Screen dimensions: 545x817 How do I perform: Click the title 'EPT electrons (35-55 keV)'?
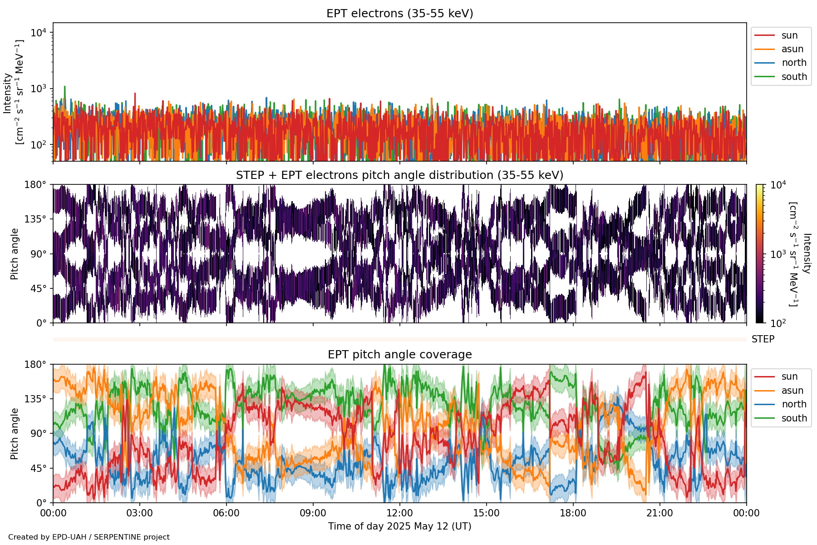(x=399, y=14)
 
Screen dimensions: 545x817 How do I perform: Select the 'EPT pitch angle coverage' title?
(x=399, y=355)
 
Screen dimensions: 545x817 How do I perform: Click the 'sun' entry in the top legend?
(x=789, y=35)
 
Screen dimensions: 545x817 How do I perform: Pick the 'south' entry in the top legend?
(x=794, y=77)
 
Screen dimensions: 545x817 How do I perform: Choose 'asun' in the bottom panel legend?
(x=792, y=391)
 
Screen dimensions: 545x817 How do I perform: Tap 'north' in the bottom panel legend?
(x=794, y=404)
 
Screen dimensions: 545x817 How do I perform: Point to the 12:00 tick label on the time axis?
(x=399, y=514)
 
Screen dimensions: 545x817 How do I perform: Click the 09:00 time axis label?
(x=313, y=514)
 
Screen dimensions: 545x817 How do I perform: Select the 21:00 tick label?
(x=660, y=514)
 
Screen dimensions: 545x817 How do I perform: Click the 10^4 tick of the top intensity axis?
(x=38, y=33)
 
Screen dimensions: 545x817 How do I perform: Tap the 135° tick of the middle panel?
(x=35, y=219)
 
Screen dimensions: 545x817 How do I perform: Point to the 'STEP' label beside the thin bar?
(x=763, y=339)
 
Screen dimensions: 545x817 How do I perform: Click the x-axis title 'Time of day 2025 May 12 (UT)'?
(x=399, y=526)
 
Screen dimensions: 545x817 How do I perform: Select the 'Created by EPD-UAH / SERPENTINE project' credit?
(x=89, y=537)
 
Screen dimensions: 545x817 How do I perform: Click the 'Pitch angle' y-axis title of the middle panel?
(x=15, y=254)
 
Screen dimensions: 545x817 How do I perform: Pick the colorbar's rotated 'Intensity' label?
(x=807, y=253)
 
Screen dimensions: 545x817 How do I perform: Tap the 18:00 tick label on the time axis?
(x=573, y=514)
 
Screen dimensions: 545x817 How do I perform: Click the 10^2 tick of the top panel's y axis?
(x=38, y=145)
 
